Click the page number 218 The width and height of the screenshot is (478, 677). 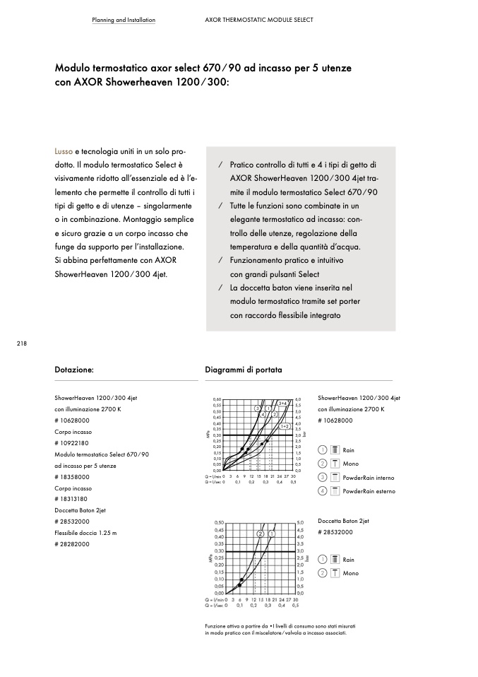pyautogui.click(x=21, y=343)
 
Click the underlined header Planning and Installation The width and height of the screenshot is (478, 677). pyautogui.click(x=124, y=20)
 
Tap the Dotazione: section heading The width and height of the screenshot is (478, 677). pyautogui.click(x=74, y=370)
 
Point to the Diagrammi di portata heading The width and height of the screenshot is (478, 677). pyautogui.click(x=243, y=370)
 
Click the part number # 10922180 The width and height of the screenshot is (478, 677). pyautogui.click(x=73, y=443)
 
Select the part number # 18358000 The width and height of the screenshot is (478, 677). pyautogui.click(x=73, y=477)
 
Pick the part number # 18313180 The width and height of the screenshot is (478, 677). pyautogui.click(x=73, y=499)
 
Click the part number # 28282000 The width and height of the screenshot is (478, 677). pyautogui.click(x=73, y=544)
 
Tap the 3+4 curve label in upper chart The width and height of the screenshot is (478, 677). pyautogui.click(x=282, y=403)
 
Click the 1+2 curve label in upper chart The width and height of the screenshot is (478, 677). pyautogui.click(x=285, y=426)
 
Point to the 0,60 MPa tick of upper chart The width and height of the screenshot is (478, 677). pyautogui.click(x=217, y=400)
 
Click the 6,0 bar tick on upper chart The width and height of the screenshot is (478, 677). pyautogui.click(x=298, y=400)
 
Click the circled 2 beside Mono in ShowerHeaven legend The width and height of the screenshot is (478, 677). pyautogui.click(x=322, y=464)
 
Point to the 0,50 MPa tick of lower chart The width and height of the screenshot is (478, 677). pyautogui.click(x=218, y=522)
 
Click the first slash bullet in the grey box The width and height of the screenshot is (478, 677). pyautogui.click(x=220, y=165)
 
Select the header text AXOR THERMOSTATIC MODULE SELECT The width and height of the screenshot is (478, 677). pyautogui.click(x=253, y=20)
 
